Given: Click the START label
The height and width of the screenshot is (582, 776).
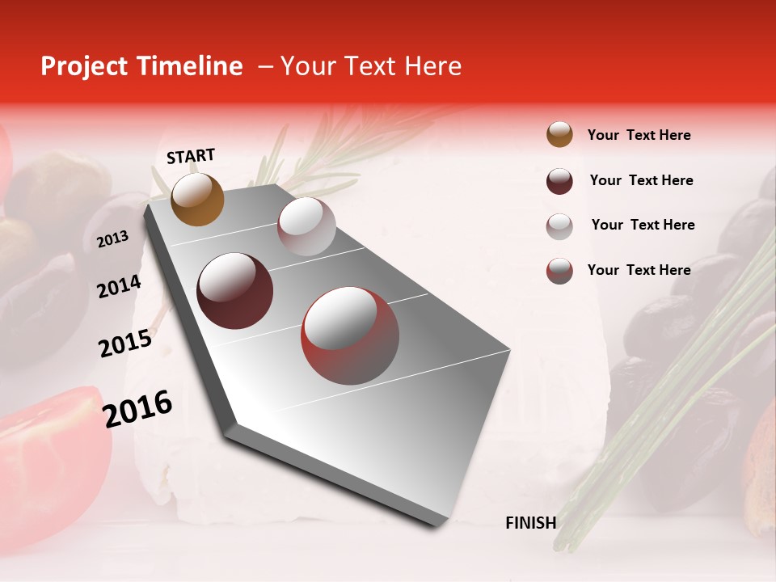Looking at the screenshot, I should pos(191,156).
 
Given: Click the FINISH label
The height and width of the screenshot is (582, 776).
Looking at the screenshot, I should pos(530,523).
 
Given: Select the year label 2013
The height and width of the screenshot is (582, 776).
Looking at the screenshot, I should pos(112,239).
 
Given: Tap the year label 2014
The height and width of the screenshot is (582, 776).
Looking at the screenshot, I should pos(119,287).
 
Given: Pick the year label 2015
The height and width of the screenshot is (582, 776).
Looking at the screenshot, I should pos(124,344).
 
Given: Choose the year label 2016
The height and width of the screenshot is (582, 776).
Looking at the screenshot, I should pos(137,408).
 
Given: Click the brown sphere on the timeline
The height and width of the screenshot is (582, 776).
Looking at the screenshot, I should pos(197,199).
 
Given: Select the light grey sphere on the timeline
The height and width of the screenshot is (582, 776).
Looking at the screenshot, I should pos(306,226).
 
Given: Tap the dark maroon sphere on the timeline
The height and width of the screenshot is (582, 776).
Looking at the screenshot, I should pos(234,291).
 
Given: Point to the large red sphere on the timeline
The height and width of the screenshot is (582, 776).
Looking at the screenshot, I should pos(350,336).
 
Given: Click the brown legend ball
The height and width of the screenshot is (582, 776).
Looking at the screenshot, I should pos(559,134).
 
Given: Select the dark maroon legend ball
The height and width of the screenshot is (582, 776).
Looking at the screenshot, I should pos(559,181).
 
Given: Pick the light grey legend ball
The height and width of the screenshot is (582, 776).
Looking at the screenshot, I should pos(559,226).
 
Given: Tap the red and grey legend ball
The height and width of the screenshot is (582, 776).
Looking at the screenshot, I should pos(559,271).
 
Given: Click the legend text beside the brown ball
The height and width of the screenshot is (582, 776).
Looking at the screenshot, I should pos(639,136).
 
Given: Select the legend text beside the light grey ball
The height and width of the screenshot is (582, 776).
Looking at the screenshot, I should pos(643,225).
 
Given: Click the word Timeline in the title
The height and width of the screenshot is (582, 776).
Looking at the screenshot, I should pos(190,66).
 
